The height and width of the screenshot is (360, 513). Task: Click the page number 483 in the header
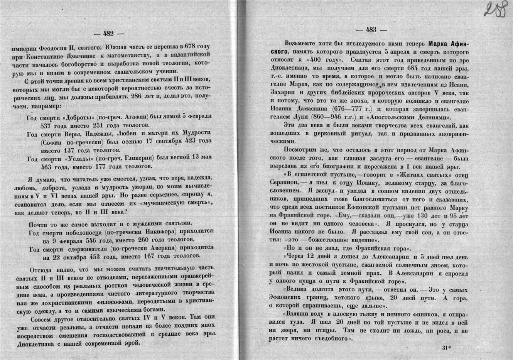[371, 29]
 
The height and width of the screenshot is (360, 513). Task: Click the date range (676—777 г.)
[352, 109]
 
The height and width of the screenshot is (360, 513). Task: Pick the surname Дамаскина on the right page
[309, 109]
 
